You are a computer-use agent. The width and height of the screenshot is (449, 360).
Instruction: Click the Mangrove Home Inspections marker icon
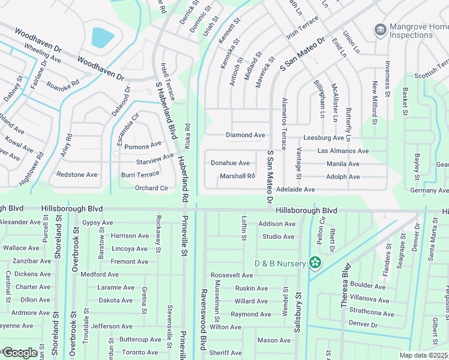[x=379, y=29]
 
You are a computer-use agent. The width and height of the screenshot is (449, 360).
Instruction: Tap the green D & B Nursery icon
[x=315, y=263]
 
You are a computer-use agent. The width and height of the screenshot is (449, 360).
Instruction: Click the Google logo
[x=20, y=353]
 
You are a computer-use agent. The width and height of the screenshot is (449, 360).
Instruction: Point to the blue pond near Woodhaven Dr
[x=102, y=38]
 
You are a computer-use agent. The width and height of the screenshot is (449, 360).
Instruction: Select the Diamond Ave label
[x=245, y=135]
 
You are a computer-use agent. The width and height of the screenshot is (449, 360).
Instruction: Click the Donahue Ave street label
[x=230, y=163]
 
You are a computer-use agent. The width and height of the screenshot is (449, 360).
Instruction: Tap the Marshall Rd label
[x=237, y=176]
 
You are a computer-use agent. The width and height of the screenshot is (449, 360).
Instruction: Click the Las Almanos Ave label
[x=343, y=151]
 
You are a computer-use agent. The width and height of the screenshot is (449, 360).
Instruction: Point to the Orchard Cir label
[x=150, y=188]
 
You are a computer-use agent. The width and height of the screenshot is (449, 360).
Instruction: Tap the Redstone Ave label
[x=76, y=175]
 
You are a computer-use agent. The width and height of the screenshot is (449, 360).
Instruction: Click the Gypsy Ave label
[x=97, y=223]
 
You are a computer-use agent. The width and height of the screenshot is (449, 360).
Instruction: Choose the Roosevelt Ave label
[x=232, y=275]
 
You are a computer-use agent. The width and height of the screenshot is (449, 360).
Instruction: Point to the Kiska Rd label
[x=187, y=137]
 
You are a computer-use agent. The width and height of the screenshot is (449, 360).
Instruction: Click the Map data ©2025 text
[x=423, y=355]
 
